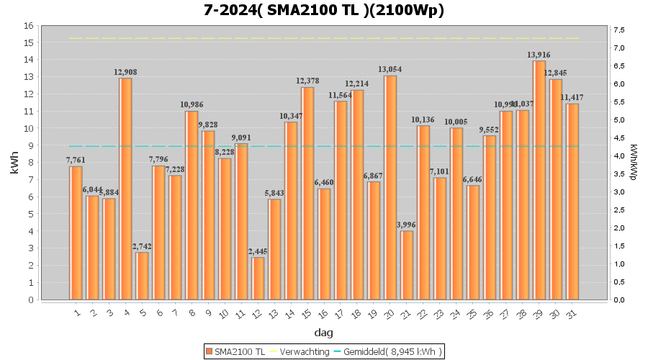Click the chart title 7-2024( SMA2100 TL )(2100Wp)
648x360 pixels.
[x=323, y=10]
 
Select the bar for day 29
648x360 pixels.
[x=539, y=180]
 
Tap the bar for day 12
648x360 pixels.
[x=258, y=278]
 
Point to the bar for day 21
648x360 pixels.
[x=407, y=265]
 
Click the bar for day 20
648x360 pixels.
[x=390, y=187]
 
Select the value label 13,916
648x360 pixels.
[x=539, y=55]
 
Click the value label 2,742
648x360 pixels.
[x=142, y=246]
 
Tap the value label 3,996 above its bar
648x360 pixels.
[x=407, y=225]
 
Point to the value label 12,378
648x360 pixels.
[x=307, y=81]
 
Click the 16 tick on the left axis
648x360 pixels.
[x=29, y=25]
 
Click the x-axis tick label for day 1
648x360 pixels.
[x=76, y=313]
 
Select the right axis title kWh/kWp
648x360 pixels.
[x=633, y=163]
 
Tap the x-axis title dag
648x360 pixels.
[x=323, y=333]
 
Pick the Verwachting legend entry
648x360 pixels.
[x=300, y=351]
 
